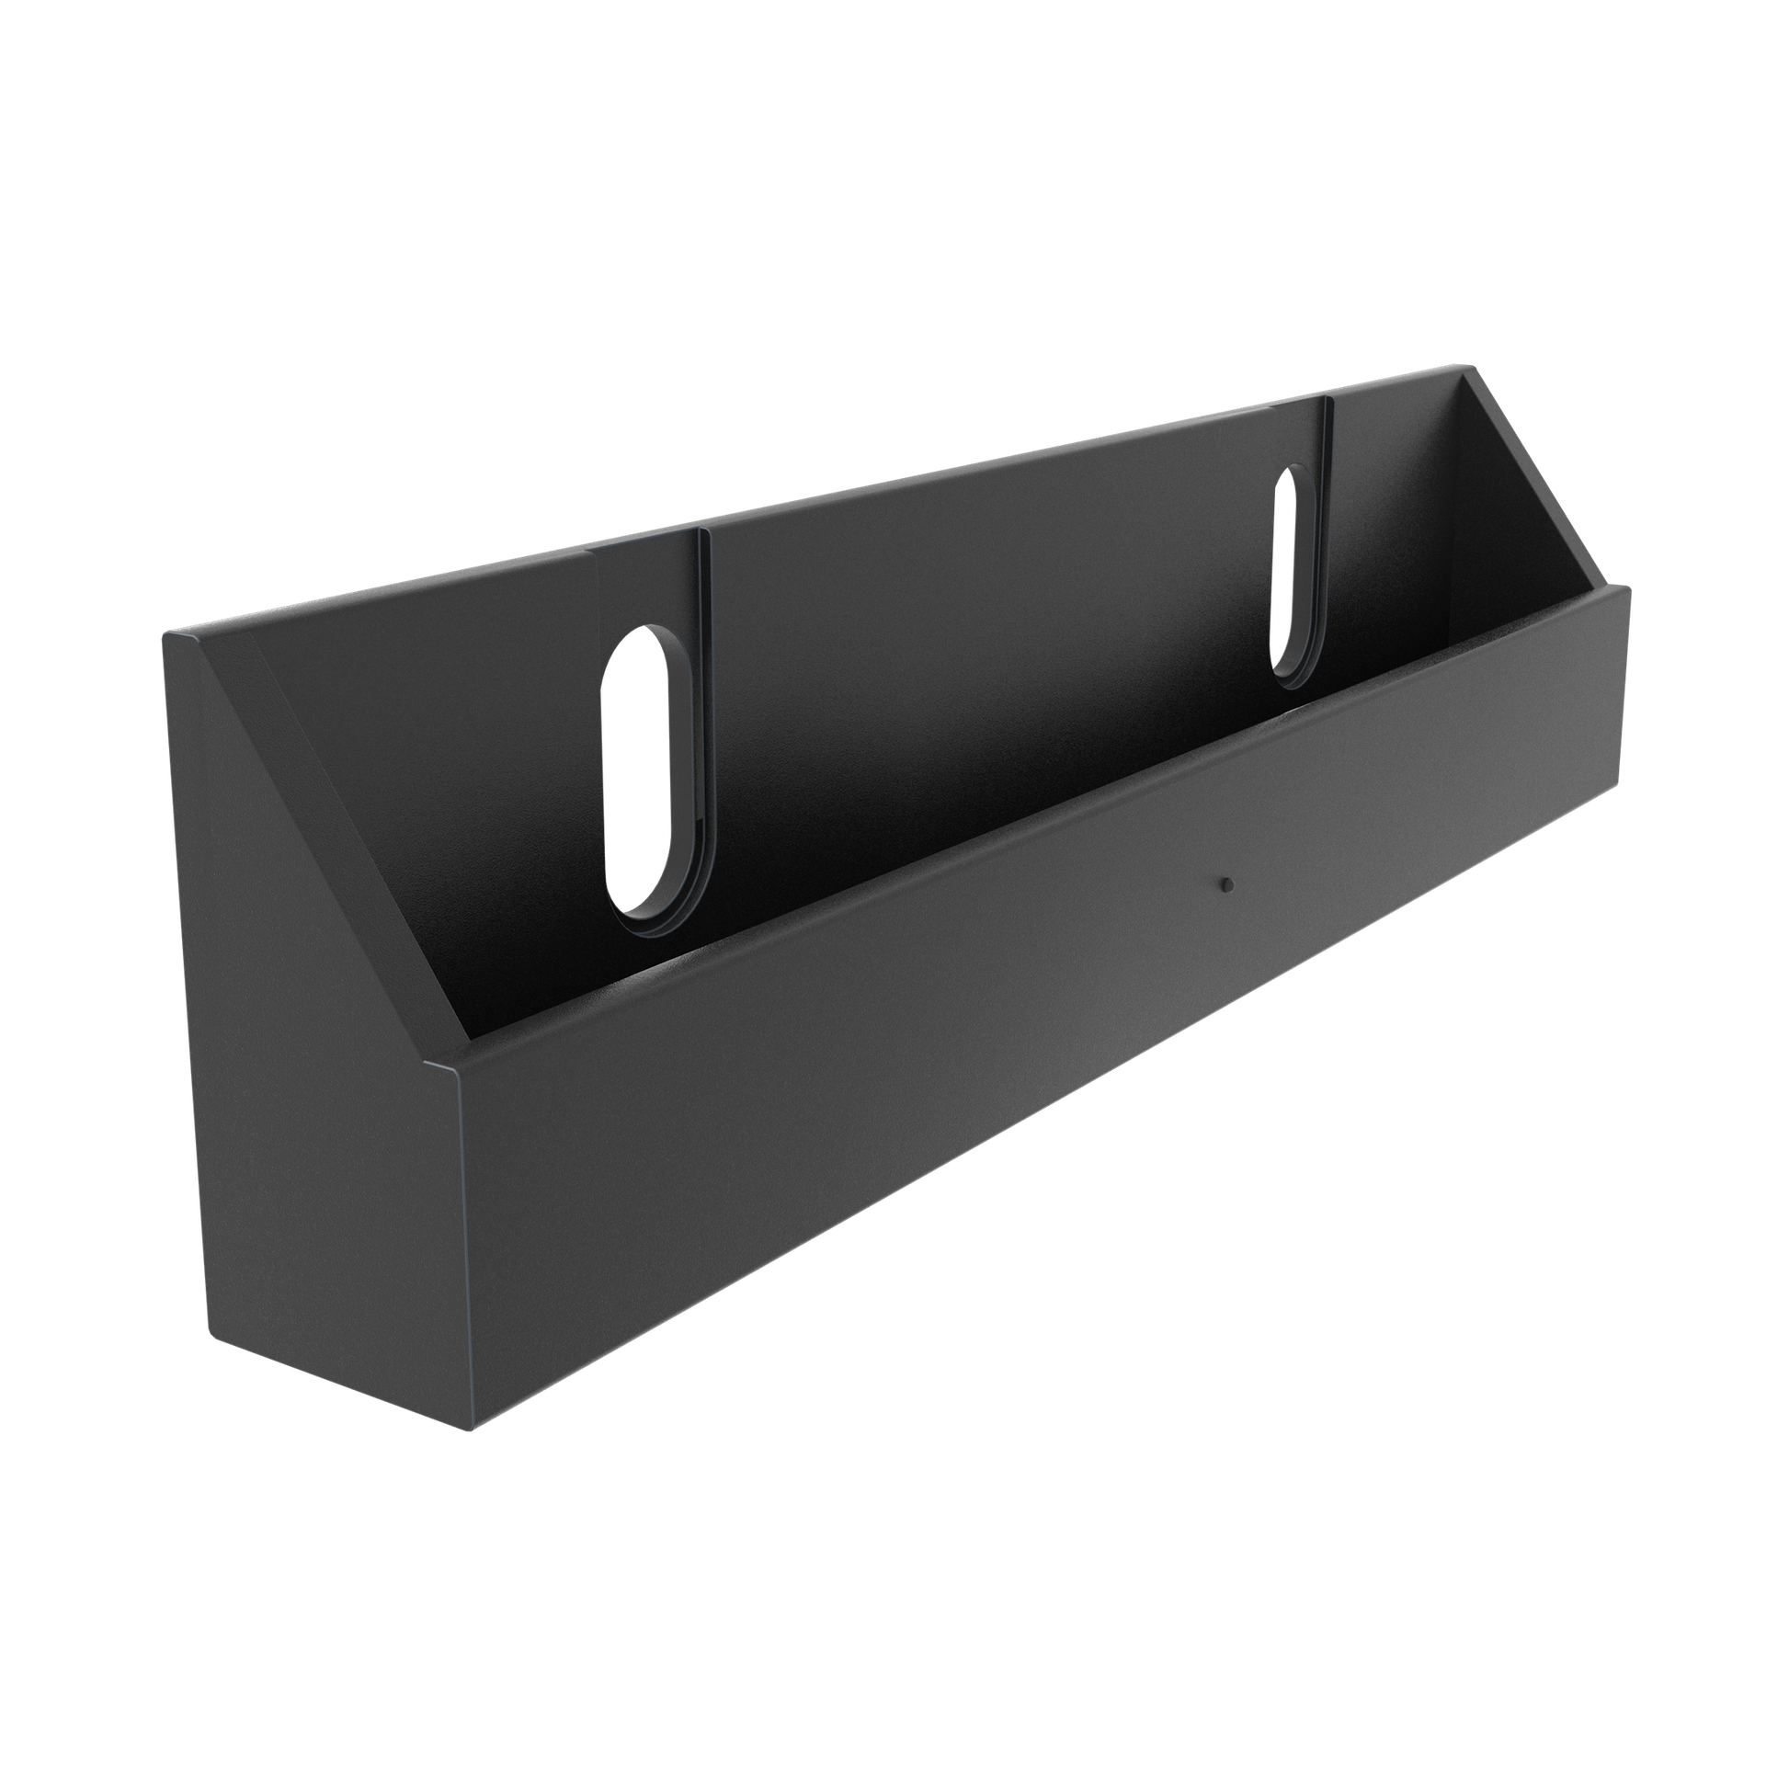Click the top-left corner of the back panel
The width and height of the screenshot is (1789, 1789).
tap(163, 632)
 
